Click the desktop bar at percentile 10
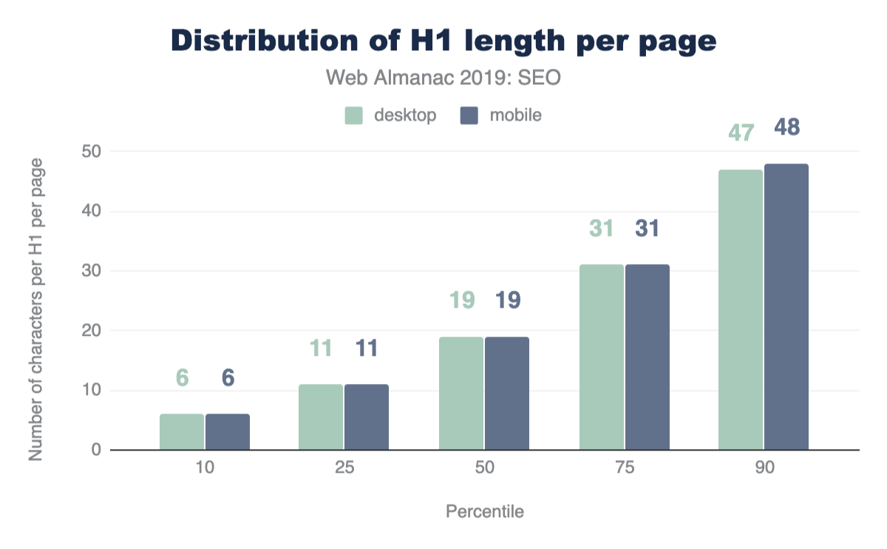pyautogui.click(x=182, y=432)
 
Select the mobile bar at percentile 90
pyautogui.click(x=786, y=307)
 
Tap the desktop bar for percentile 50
pyautogui.click(x=461, y=394)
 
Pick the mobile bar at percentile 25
pyautogui.click(x=367, y=417)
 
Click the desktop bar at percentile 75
pyautogui.click(x=602, y=357)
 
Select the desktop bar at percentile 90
pyautogui.click(x=741, y=310)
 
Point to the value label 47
pyautogui.click(x=741, y=133)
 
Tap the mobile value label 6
pyautogui.click(x=228, y=378)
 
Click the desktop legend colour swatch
pyautogui.click(x=353, y=115)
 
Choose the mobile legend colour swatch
pyautogui.click(x=469, y=115)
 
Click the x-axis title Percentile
pyautogui.click(x=485, y=512)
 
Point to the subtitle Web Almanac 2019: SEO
pyautogui.click(x=443, y=78)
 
